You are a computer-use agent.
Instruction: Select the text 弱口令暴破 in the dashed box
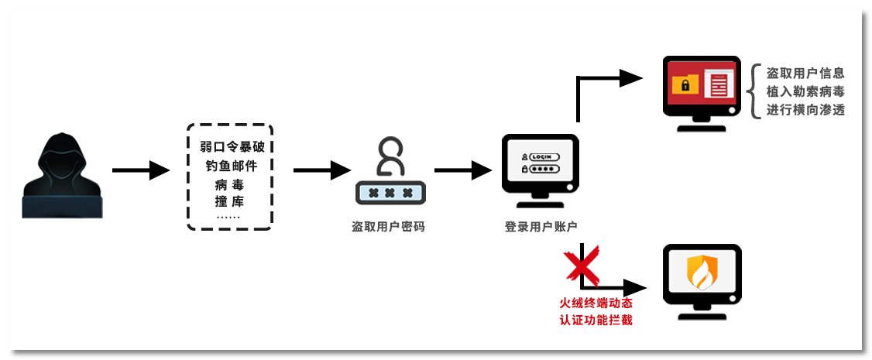(232, 147)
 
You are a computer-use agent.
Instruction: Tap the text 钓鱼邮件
(232, 166)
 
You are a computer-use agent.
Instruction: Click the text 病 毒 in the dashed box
(231, 184)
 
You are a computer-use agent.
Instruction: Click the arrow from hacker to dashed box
(140, 170)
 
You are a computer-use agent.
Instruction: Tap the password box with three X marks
(390, 193)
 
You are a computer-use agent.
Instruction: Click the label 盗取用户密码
(389, 227)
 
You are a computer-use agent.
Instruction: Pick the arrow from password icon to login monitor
(464, 170)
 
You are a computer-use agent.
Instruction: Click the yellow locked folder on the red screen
(685, 84)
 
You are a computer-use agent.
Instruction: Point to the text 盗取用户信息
(805, 74)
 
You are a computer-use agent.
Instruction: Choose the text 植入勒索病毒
(805, 92)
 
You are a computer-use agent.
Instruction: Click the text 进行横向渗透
(805, 111)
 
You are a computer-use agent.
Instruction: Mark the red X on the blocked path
(582, 264)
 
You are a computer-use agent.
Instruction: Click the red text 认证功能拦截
(596, 320)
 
